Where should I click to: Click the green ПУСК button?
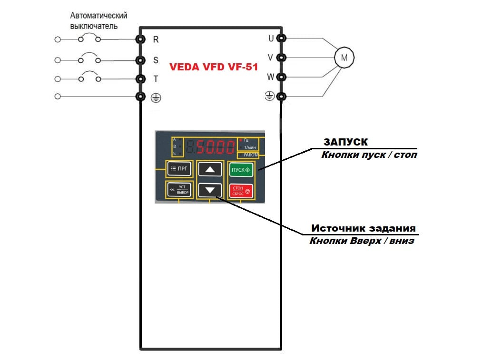tap(241, 170)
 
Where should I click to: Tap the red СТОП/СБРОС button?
tap(241, 191)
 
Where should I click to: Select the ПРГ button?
tap(179, 169)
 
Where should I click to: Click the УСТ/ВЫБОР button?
tap(179, 190)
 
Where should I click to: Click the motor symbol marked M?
tap(344, 58)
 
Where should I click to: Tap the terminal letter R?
tap(156, 40)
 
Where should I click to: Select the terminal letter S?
tap(156, 60)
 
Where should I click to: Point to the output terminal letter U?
tap(271, 39)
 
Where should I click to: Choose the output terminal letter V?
tap(270, 58)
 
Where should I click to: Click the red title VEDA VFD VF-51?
tap(214, 68)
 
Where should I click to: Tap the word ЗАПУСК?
tap(346, 142)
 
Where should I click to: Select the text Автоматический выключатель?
tap(98, 21)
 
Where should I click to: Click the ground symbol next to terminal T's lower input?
tap(156, 98)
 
